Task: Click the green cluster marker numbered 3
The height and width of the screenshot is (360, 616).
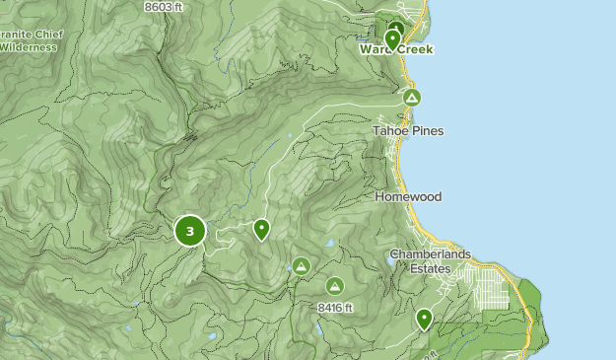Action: click(x=189, y=231)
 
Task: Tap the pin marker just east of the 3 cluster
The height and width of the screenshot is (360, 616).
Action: click(x=261, y=229)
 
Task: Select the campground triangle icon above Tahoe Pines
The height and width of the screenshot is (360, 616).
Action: click(x=412, y=98)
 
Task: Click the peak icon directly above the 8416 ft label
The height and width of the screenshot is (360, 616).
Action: click(x=334, y=286)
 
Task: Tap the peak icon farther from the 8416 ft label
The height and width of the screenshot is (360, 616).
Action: click(x=301, y=266)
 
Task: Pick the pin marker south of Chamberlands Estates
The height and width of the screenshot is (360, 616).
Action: click(x=424, y=318)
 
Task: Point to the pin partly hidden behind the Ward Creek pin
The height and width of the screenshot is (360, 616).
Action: click(x=397, y=29)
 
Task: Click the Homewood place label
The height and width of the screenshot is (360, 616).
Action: click(x=408, y=197)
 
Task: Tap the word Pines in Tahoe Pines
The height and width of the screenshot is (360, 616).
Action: click(x=426, y=131)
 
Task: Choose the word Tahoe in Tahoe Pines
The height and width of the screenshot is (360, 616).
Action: click(x=389, y=131)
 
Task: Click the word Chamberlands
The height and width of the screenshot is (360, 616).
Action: click(x=430, y=254)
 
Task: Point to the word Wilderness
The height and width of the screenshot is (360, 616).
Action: click(x=32, y=46)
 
